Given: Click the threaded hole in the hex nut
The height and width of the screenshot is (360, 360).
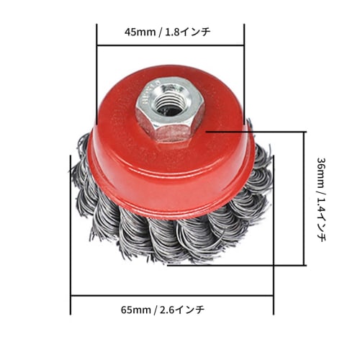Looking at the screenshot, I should (170, 106).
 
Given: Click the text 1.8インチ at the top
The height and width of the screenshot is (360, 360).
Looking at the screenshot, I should (190, 32).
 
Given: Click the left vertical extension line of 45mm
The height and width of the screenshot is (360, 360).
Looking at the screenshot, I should (96, 72).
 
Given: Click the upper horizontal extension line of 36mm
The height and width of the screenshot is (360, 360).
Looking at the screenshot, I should (259, 132).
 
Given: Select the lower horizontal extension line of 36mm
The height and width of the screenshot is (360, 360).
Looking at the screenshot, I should (238, 264).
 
